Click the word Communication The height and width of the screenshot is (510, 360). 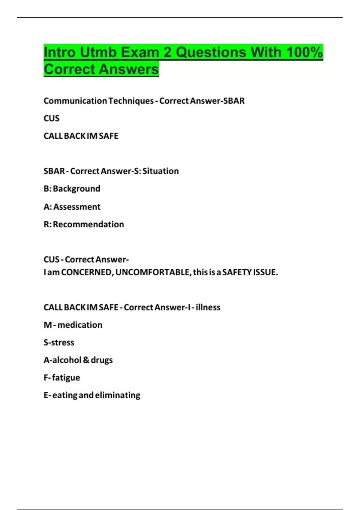click(75, 101)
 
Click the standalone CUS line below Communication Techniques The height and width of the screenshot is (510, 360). click(52, 118)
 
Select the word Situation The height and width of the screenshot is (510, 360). click(160, 171)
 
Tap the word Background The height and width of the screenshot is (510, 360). click(76, 189)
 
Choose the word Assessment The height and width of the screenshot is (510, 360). click(77, 207)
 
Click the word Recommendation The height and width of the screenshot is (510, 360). click(88, 224)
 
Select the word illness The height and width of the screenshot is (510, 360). click(208, 307)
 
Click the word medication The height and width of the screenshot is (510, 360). click(80, 325)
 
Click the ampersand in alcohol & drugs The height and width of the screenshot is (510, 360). click(86, 360)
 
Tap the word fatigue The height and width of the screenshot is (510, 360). click(66, 378)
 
